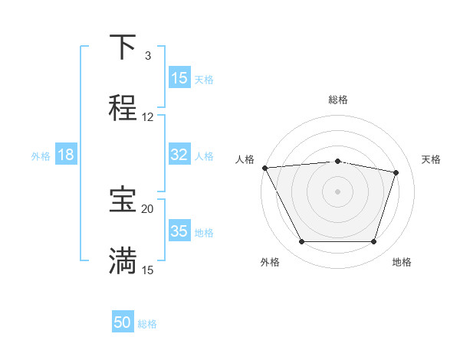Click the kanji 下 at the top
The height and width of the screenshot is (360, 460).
pyautogui.click(x=123, y=47)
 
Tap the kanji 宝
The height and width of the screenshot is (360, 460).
pyautogui.click(x=123, y=200)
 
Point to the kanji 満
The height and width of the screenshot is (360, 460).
pyautogui.click(x=123, y=261)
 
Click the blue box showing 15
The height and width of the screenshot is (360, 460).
pyautogui.click(x=179, y=78)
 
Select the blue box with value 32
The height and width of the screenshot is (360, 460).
pyautogui.click(x=179, y=155)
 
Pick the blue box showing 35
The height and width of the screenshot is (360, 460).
pyautogui.click(x=179, y=231)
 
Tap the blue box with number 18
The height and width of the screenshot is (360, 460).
pyautogui.click(x=66, y=155)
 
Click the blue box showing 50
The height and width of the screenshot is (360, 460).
pyautogui.click(x=123, y=323)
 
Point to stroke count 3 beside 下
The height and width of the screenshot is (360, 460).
pyautogui.click(x=148, y=56)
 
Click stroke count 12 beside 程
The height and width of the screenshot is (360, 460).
pyautogui.click(x=148, y=117)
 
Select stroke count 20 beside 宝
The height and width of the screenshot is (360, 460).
pyautogui.click(x=148, y=208)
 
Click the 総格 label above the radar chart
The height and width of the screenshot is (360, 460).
pyautogui.click(x=338, y=100)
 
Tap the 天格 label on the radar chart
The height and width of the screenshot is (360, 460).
pyautogui.click(x=432, y=159)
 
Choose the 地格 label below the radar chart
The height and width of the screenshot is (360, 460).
pyautogui.click(x=402, y=262)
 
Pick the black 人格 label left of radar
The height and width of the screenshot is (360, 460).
pyautogui.click(x=245, y=159)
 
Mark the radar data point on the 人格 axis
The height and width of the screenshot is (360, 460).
pyautogui.click(x=264, y=168)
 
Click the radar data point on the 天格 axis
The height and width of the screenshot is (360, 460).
pyautogui.click(x=396, y=172)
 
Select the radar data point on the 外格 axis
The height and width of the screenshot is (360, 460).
pyautogui.click(x=301, y=242)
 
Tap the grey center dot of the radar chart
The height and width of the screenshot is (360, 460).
pyautogui.click(x=338, y=191)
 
